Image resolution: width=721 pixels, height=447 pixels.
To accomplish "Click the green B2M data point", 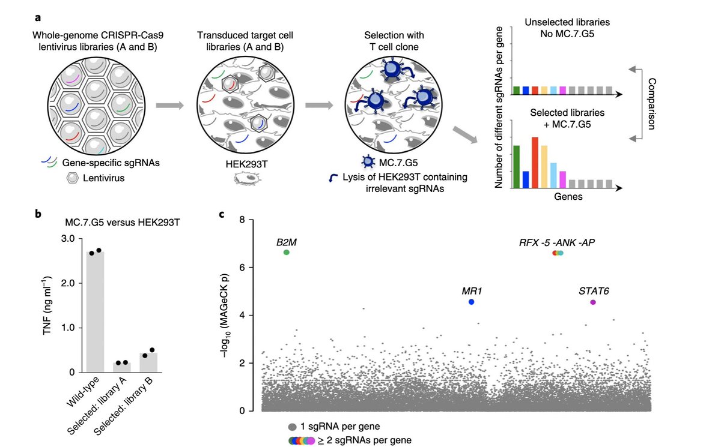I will (x=287, y=253).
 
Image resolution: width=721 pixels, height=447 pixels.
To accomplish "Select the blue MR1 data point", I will (x=472, y=302).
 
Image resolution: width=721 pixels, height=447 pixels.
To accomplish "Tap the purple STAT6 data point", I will (x=593, y=302).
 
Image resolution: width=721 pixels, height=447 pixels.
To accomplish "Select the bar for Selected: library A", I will (x=122, y=367).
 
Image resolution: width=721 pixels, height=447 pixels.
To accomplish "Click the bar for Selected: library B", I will (x=148, y=362).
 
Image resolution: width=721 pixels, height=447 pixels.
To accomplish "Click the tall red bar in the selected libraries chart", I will (x=535, y=163).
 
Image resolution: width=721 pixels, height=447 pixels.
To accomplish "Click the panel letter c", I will (x=222, y=214).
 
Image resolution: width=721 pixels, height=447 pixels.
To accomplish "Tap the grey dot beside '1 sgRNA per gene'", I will (x=293, y=427).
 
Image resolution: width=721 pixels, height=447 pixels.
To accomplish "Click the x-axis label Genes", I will (x=566, y=196).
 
